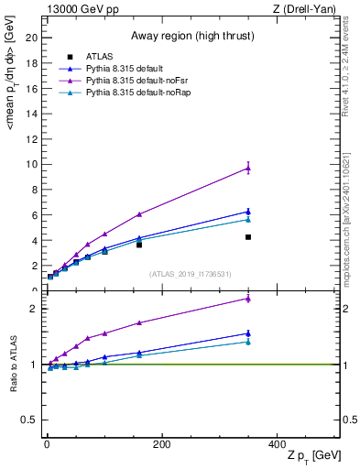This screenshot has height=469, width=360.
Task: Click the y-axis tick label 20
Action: click(33, 38)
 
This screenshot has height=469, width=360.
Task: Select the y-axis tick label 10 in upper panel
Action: click(33, 164)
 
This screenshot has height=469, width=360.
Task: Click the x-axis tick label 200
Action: click(162, 445)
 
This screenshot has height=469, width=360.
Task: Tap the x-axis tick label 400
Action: click(277, 445)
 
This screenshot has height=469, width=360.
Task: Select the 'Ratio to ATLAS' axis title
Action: click(14, 364)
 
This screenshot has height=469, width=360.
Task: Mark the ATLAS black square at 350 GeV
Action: click(248, 237)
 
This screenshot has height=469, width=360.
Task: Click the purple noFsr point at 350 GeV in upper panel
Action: click(248, 168)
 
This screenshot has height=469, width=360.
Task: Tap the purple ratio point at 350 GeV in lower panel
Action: click(248, 299)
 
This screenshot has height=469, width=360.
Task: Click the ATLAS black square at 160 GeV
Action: click(139, 245)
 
